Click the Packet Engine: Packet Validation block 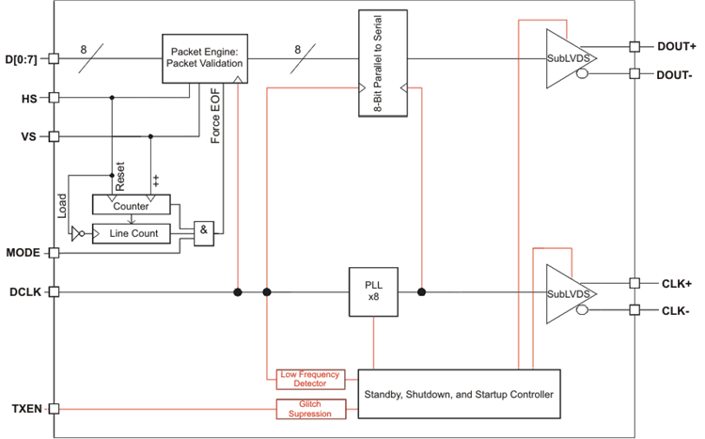[x=206, y=56]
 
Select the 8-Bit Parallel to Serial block [x=384, y=63]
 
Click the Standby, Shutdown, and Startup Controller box [x=459, y=394]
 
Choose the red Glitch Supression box [x=309, y=409]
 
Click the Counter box [x=132, y=205]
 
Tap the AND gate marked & [x=203, y=233]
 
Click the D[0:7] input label [x=23, y=58]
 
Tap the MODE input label [x=23, y=253]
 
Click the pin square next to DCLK [x=54, y=291]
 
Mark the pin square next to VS [x=54, y=136]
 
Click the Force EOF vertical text [x=215, y=113]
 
